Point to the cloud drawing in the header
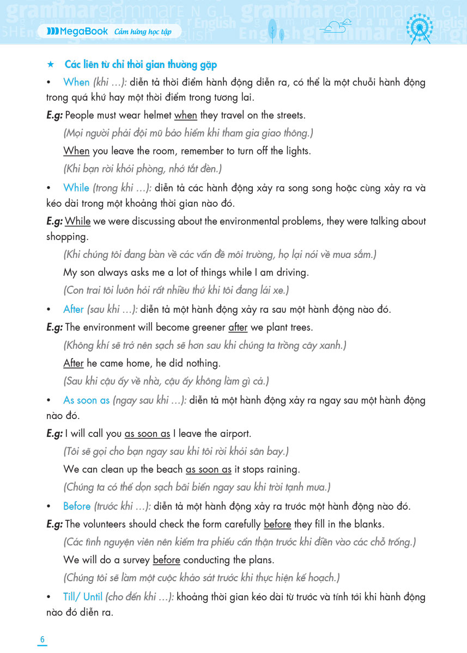point(336,27)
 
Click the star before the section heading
point(50,65)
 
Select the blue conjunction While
point(76,188)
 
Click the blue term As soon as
point(87,400)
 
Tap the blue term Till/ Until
point(83,596)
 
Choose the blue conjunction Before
point(77,506)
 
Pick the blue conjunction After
point(74,310)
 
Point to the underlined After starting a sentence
point(74,363)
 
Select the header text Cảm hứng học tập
point(143,32)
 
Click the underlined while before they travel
point(185,115)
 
